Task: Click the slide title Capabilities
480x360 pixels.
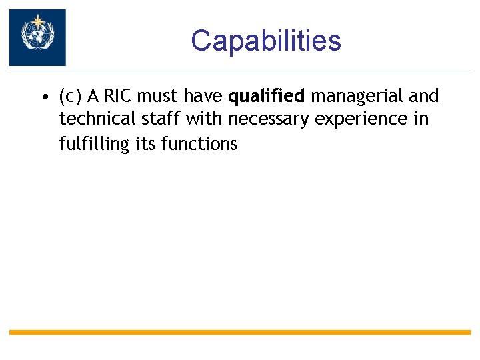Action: coord(265,41)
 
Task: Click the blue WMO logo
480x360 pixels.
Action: coord(37,37)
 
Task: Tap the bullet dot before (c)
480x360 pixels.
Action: coord(43,98)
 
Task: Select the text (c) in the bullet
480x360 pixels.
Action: coord(71,97)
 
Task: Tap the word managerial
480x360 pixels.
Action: coord(357,97)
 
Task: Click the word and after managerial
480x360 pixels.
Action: coord(424,97)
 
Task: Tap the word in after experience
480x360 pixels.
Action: coord(421,119)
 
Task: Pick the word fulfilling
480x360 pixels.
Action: coord(94,143)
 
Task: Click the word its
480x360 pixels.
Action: coord(146,143)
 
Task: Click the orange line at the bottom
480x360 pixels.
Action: coord(240,331)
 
